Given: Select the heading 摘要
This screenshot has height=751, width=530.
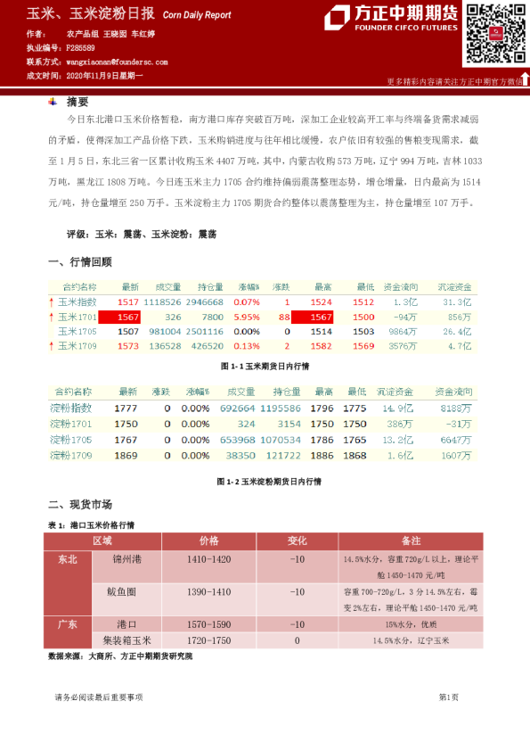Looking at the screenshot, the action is point(77,102).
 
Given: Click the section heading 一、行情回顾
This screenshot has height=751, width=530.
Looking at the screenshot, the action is point(79,262).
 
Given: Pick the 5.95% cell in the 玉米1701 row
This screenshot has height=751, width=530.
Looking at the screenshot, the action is point(247,317).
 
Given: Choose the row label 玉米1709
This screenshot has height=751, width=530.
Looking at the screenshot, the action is point(77,345).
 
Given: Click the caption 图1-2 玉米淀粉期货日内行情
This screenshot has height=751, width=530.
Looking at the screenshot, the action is point(269,481).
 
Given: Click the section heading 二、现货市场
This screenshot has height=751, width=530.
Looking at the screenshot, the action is point(79,504).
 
